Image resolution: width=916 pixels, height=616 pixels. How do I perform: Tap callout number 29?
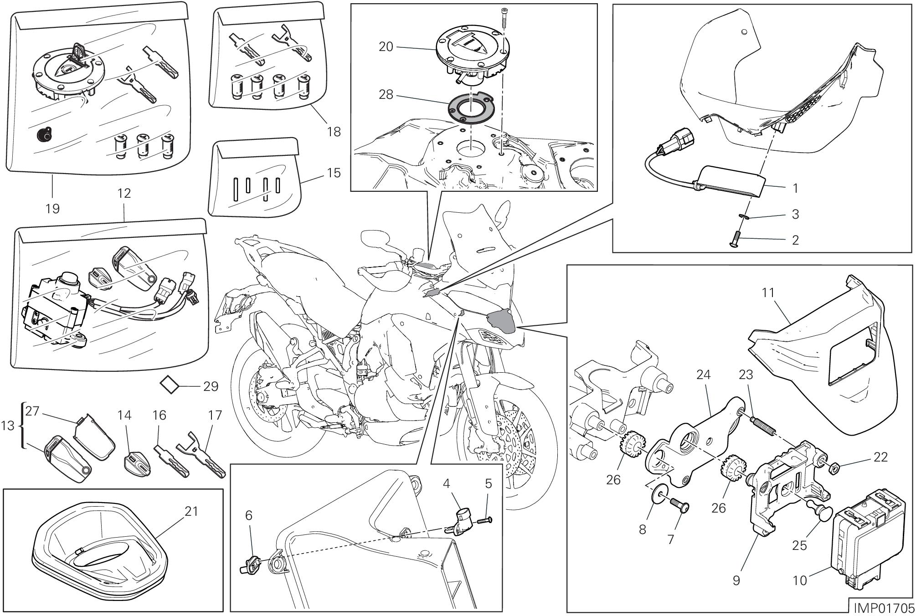pos(211,386)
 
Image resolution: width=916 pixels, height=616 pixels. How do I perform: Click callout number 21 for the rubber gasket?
pos(191,511)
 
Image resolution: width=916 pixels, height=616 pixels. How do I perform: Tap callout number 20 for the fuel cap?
pos(386,47)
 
